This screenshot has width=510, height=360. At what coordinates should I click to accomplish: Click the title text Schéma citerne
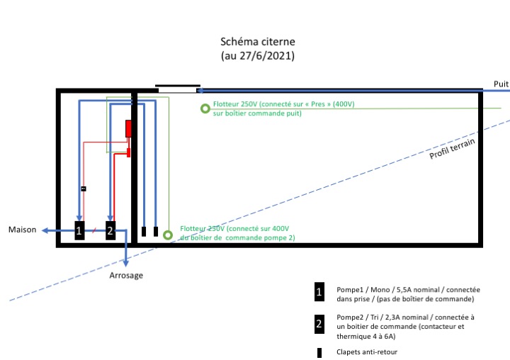click(257, 42)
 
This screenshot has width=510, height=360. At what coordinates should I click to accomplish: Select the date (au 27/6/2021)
click(257, 55)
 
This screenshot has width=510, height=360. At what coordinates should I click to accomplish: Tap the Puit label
click(501, 84)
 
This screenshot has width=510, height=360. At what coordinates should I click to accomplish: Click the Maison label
click(22, 230)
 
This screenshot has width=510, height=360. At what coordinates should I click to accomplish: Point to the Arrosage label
click(126, 275)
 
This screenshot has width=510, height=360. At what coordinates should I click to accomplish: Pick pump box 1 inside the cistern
click(79, 230)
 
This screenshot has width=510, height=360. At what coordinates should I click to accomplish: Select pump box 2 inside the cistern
click(110, 230)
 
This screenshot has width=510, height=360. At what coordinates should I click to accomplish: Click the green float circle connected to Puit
click(205, 108)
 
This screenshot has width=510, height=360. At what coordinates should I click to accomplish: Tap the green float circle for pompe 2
click(168, 235)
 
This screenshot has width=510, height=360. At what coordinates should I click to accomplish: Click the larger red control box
click(129, 129)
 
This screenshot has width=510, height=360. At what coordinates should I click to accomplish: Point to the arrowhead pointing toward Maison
click(45, 230)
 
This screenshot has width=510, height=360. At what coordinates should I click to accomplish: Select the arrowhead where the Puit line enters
click(200, 91)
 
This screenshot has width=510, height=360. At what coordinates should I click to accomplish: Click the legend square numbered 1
click(319, 291)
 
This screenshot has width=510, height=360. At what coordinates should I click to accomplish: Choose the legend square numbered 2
click(319, 323)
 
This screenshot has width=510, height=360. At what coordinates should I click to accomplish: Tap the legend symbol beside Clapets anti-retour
click(319, 351)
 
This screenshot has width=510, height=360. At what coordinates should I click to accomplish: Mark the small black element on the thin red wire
click(84, 189)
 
